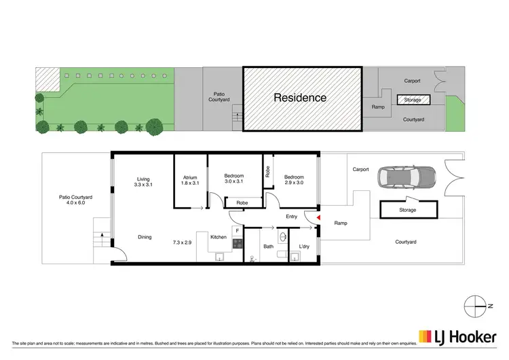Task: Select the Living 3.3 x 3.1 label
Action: [143, 181]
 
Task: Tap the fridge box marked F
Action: [237, 231]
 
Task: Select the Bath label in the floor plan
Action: [269, 247]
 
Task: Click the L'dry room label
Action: [303, 247]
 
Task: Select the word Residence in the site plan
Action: [300, 98]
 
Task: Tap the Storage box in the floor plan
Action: [408, 210]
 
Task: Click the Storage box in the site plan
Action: [413, 101]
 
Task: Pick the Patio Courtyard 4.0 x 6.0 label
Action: [75, 201]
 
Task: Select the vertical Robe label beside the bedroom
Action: [268, 172]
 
